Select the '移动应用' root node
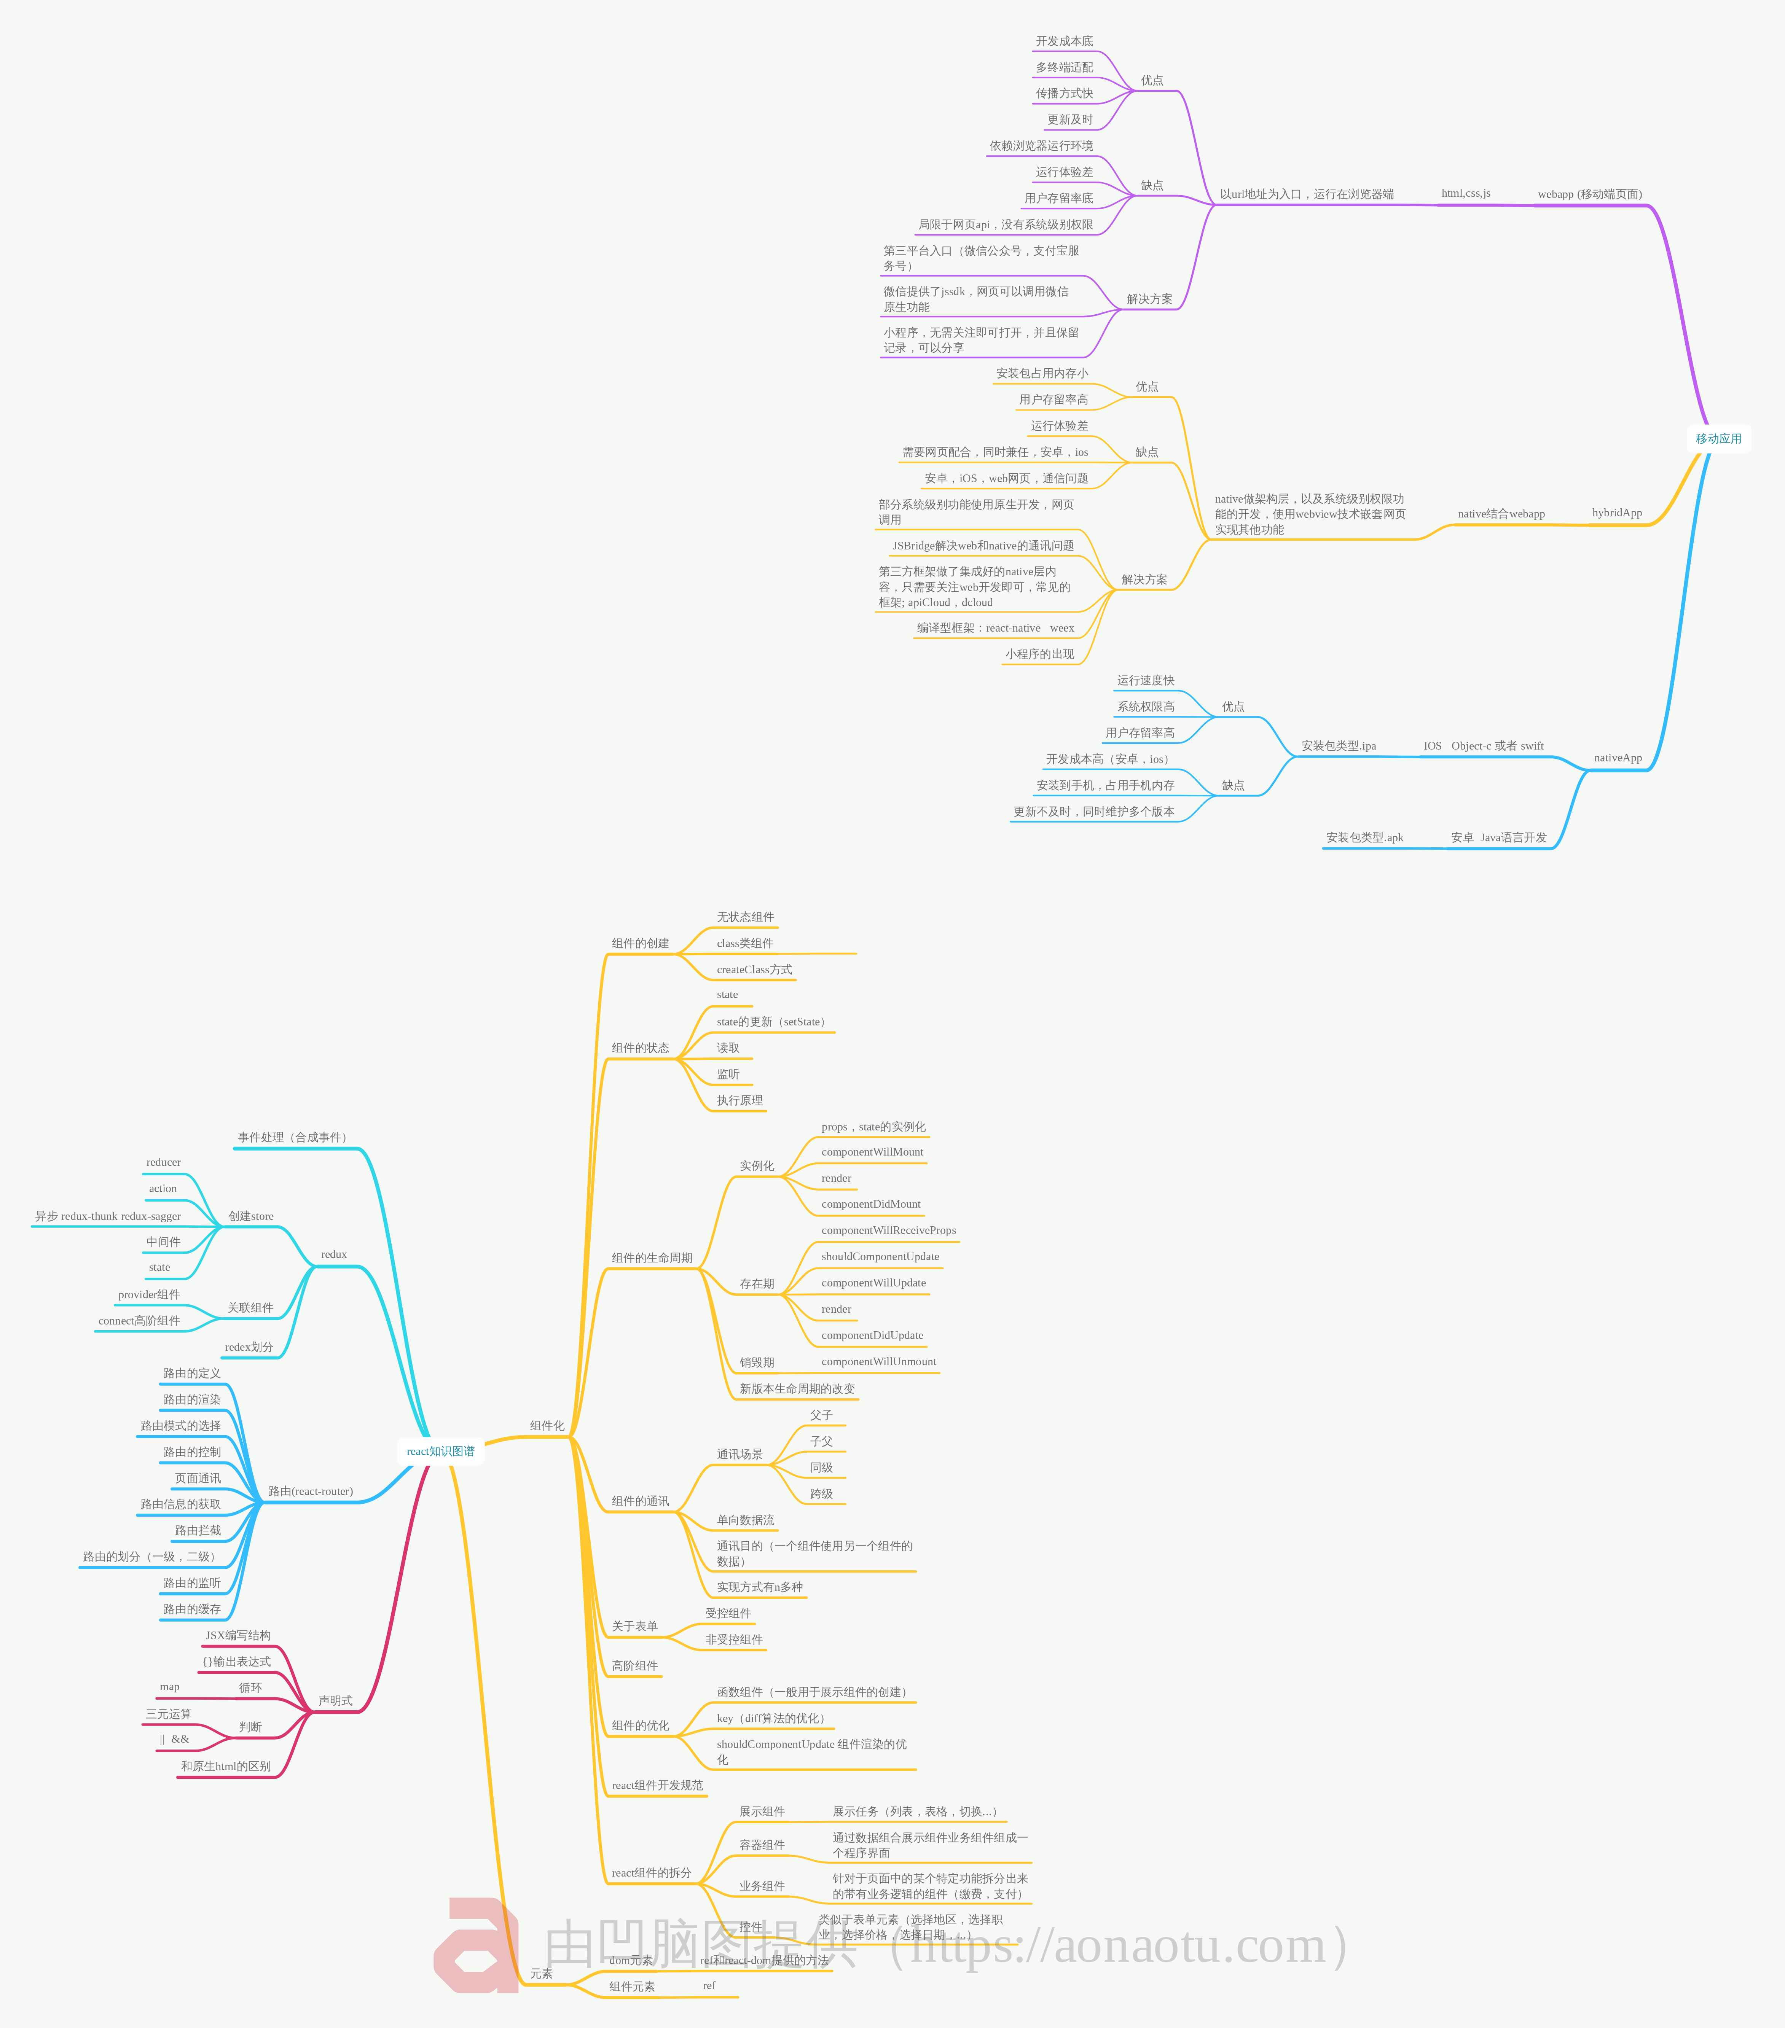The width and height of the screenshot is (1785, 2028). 1718,439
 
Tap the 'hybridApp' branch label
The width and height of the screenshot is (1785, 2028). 1616,513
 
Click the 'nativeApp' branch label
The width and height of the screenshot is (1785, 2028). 1617,758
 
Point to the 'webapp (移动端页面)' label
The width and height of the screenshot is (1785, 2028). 1589,194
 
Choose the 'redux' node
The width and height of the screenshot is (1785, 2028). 333,1254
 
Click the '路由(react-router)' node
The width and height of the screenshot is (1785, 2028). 311,1491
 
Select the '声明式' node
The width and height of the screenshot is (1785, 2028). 335,1700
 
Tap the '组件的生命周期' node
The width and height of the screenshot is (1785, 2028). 652,1258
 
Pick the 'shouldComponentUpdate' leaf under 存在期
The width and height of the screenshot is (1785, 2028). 880,1257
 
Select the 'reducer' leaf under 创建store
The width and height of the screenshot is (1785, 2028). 164,1163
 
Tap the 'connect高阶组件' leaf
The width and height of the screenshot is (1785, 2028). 139,1321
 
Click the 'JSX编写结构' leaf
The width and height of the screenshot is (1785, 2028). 238,1635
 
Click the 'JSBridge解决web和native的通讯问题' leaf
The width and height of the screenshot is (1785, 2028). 982,546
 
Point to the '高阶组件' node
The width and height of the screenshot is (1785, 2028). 634,1666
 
